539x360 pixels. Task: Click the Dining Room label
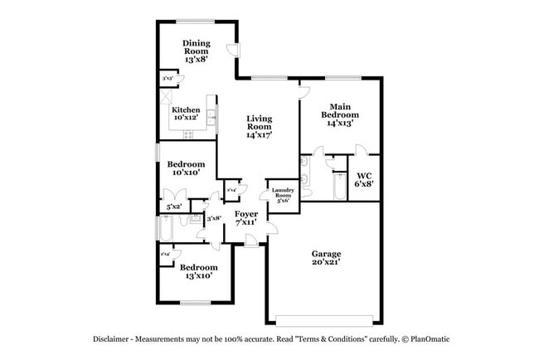pos(196,51)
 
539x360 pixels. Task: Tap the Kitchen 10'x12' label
pos(186,114)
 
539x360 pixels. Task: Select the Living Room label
pos(259,126)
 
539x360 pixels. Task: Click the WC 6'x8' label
pos(363,180)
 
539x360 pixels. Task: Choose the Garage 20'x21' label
pos(327,258)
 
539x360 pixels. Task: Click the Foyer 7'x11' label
pos(246,218)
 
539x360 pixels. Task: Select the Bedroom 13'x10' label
pos(199,271)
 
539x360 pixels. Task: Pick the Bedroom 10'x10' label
pos(186,168)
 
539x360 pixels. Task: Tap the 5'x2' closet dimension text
pos(173,206)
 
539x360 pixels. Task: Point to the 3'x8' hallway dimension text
pos(213,218)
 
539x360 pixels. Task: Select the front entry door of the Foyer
pos(251,241)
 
